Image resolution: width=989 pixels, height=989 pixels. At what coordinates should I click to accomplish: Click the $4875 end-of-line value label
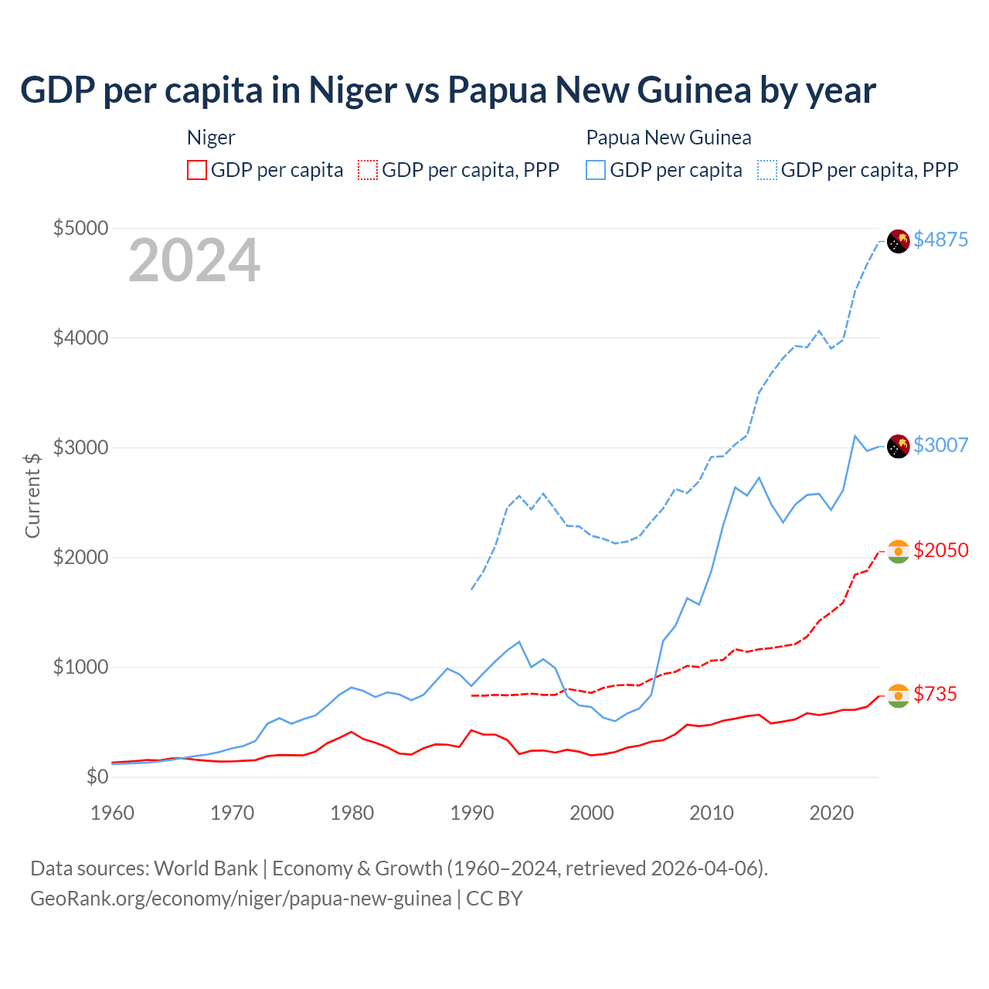[x=940, y=240]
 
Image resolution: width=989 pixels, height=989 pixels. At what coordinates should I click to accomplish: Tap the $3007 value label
[x=940, y=445]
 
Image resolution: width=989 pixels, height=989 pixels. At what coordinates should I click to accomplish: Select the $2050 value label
[x=940, y=550]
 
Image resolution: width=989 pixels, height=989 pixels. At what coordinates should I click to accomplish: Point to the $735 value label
[x=935, y=694]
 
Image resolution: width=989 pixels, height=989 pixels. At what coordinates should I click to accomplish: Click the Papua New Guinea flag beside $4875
[x=898, y=241]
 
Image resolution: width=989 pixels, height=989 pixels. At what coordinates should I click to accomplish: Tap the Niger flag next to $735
[x=898, y=695]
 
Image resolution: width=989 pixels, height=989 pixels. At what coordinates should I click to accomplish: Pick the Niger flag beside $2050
[x=898, y=552]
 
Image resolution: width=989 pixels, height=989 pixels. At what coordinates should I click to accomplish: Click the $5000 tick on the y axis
[x=80, y=228]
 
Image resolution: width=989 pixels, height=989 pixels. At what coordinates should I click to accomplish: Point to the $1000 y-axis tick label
[x=80, y=667]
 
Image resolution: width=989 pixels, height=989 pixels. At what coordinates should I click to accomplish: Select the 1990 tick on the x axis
[x=472, y=813]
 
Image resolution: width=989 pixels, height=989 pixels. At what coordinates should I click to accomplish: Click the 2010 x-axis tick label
[x=712, y=813]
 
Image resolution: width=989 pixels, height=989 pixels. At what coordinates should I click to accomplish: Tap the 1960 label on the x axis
[x=113, y=813]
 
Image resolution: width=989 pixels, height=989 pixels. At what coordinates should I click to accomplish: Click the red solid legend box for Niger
[x=197, y=170]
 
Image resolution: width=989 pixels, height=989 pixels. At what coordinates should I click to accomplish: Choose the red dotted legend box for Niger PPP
[x=368, y=170]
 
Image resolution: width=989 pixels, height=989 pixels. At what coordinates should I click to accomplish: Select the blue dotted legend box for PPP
[x=767, y=170]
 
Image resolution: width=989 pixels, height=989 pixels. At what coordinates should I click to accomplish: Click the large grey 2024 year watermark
[x=194, y=261]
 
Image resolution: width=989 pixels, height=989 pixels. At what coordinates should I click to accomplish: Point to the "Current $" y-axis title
[x=32, y=495]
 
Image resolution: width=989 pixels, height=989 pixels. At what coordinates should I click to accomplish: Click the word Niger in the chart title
[x=353, y=90]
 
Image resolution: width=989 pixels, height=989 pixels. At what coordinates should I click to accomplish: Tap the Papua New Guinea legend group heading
[x=668, y=138]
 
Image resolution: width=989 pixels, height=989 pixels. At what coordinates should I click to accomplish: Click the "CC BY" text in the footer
[x=494, y=899]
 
